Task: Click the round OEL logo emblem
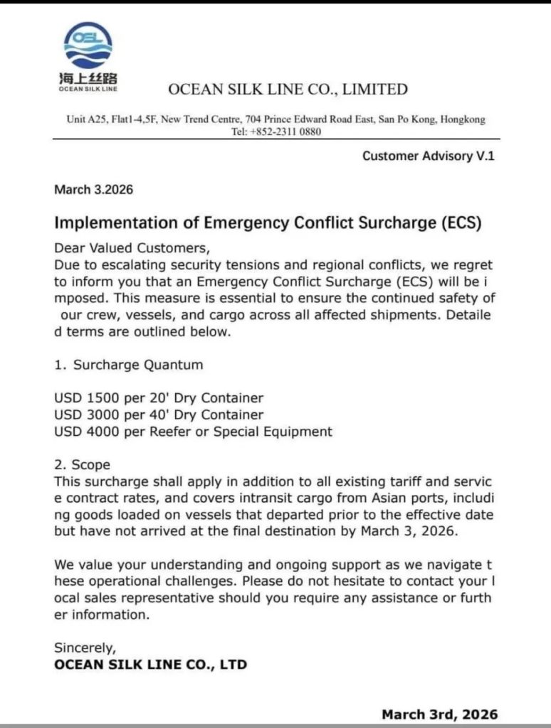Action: pos(88,45)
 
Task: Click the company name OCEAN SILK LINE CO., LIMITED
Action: pos(288,90)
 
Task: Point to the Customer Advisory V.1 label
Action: pos(428,156)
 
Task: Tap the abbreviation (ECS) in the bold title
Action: pos(457,223)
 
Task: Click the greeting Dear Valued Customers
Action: pos(132,248)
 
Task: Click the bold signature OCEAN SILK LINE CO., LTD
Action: pos(150,665)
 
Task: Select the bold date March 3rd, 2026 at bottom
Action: pos(439,714)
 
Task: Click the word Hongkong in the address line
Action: pos(463,119)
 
